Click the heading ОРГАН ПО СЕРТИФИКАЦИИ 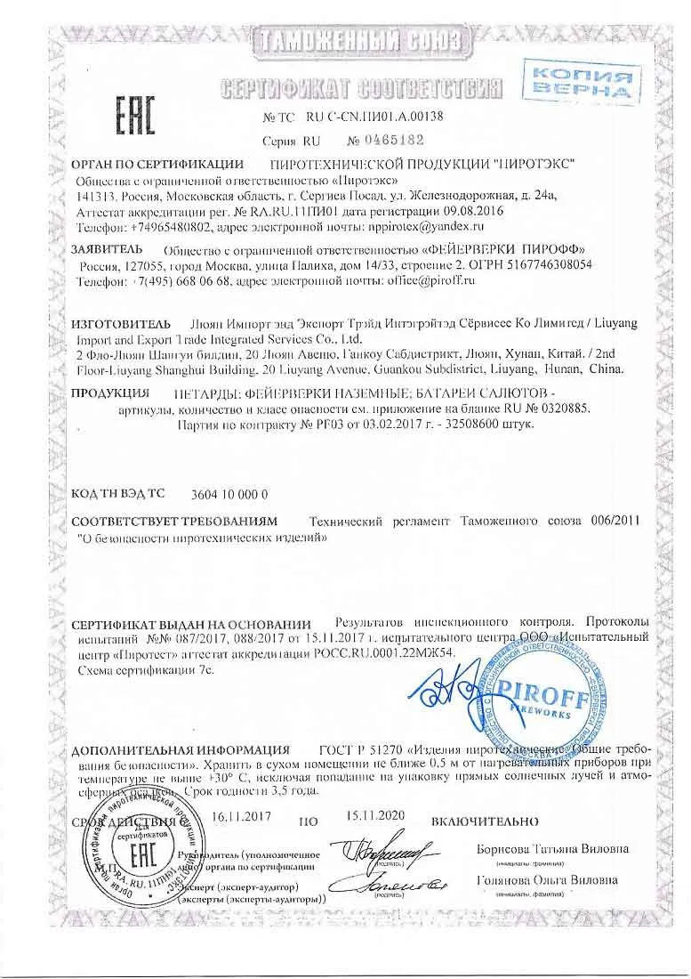(157, 164)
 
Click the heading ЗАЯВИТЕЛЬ (107, 248)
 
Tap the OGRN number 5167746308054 (543, 265)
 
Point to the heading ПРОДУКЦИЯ (109, 392)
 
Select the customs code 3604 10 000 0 (229, 494)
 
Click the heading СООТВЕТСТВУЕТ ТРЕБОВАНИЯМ (175, 520)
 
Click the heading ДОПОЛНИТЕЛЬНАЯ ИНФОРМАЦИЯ (181, 749)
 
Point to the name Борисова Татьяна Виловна (552, 848)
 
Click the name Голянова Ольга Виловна (547, 880)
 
